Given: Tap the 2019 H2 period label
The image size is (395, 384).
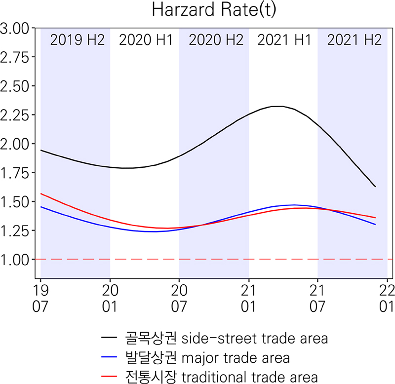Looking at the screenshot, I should click(78, 40).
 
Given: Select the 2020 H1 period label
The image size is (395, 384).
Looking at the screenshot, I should click(146, 40).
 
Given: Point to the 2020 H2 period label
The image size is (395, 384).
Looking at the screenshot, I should click(215, 40).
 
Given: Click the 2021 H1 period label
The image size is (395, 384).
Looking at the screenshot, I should click(284, 40).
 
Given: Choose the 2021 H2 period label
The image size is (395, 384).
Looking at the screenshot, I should click(354, 40).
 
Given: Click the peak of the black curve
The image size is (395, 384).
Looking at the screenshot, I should click(279, 106).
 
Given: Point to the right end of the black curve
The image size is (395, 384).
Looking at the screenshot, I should click(375, 187).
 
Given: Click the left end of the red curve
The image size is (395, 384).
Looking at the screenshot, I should click(41, 193).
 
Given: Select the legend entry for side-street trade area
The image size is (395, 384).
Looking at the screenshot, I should click(215, 339).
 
